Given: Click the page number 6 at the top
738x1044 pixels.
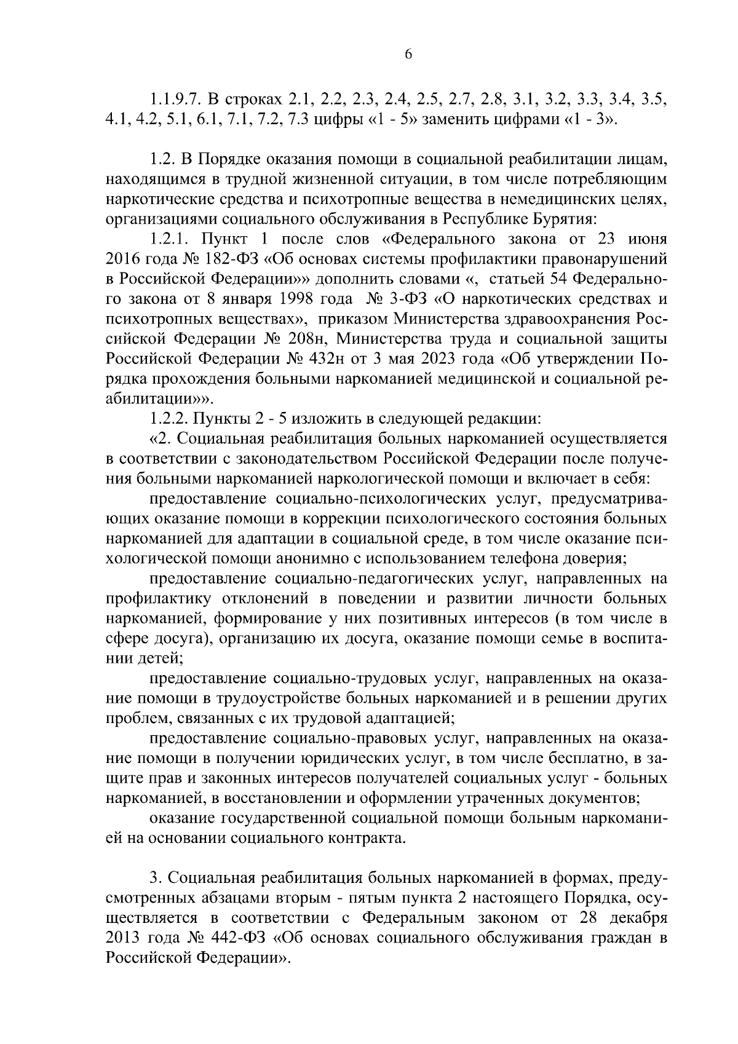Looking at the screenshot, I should coord(408,54).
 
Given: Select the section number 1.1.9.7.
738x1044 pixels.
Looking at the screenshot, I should coord(175,99).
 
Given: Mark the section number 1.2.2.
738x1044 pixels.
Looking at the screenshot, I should coord(169,419).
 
